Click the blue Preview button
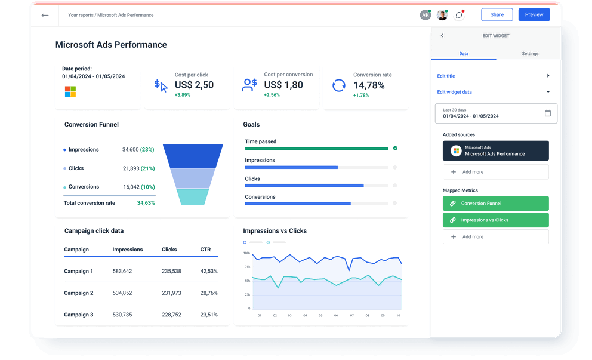pyautogui.click(x=534, y=15)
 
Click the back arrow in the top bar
pyautogui.click(x=45, y=15)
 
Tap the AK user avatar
pyautogui.click(x=425, y=15)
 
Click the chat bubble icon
pyautogui.click(x=459, y=15)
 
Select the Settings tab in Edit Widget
pyautogui.click(x=530, y=54)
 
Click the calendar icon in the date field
pyautogui.click(x=548, y=113)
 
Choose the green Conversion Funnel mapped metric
pyautogui.click(x=495, y=204)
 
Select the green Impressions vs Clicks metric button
pyautogui.click(x=495, y=220)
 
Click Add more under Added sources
pyautogui.click(x=495, y=172)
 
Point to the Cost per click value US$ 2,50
pyautogui.click(x=194, y=85)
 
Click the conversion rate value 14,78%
pyautogui.click(x=369, y=85)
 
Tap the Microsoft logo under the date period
pyautogui.click(x=70, y=91)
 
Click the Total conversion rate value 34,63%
pyautogui.click(x=146, y=203)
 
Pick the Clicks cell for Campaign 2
pyautogui.click(x=171, y=293)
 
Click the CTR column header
pyautogui.click(x=205, y=250)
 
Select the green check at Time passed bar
pyautogui.click(x=395, y=148)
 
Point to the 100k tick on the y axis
pyautogui.click(x=246, y=253)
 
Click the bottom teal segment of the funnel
pyautogui.click(x=193, y=197)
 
